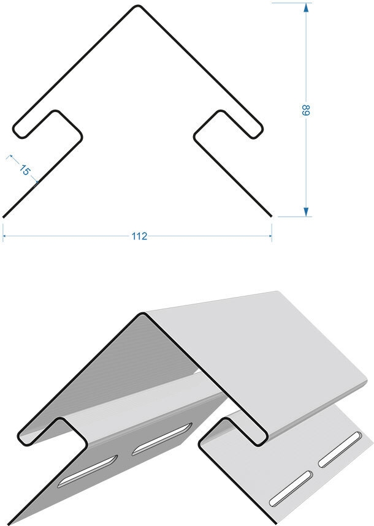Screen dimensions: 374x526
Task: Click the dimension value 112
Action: tap(139, 236)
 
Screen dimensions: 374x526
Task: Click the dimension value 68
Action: tap(305, 110)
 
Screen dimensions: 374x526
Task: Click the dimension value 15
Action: tap(25, 170)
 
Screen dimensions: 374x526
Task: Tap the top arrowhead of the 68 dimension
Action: tap(305, 7)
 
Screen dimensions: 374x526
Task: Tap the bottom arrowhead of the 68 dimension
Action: tap(305, 212)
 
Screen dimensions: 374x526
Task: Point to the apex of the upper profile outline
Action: tap(137, 6)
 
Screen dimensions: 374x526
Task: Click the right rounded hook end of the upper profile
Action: tap(256, 131)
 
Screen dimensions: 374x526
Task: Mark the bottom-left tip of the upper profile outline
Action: tap(3, 217)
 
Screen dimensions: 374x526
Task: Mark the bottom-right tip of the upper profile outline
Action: tap(271, 216)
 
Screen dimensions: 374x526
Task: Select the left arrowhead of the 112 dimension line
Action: tap(5, 236)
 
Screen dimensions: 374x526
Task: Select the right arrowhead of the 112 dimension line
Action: tap(270, 236)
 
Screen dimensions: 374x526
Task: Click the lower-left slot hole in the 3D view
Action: tap(88, 472)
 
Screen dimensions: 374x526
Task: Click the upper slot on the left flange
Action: tap(162, 439)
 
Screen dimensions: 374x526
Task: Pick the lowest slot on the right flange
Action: tap(291, 488)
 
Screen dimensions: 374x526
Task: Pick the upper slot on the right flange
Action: tap(340, 449)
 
